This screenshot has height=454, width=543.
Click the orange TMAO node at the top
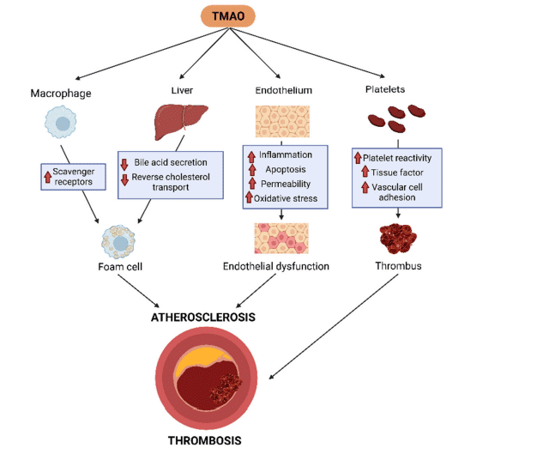click(x=228, y=16)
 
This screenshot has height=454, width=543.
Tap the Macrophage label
click(x=61, y=94)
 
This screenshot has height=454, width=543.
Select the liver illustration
click(x=181, y=123)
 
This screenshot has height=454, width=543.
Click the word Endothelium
click(x=284, y=90)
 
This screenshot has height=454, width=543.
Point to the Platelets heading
click(x=385, y=89)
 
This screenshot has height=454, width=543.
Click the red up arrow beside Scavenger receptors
click(x=48, y=177)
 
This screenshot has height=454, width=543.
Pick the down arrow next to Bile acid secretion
click(x=124, y=165)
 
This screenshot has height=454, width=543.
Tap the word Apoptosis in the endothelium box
click(x=286, y=169)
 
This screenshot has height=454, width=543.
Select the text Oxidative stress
click(x=286, y=198)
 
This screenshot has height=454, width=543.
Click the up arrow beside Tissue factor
click(x=365, y=171)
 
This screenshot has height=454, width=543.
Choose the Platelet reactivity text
click(x=397, y=159)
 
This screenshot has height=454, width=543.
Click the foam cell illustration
click(x=118, y=242)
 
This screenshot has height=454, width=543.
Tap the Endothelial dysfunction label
click(x=276, y=267)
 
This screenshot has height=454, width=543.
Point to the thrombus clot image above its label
click(x=398, y=239)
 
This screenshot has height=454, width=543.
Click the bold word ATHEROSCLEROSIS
click(x=203, y=317)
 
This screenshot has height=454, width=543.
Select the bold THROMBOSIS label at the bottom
click(x=205, y=440)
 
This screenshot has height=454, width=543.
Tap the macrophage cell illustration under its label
click(x=61, y=122)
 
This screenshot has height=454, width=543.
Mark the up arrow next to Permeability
click(x=252, y=184)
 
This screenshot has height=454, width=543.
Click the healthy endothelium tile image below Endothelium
click(x=282, y=122)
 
